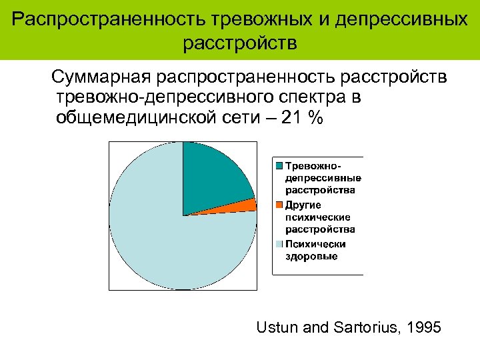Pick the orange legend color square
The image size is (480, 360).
pyautogui.click(x=280, y=204)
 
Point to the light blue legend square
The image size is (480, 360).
pyautogui.click(x=280, y=243)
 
